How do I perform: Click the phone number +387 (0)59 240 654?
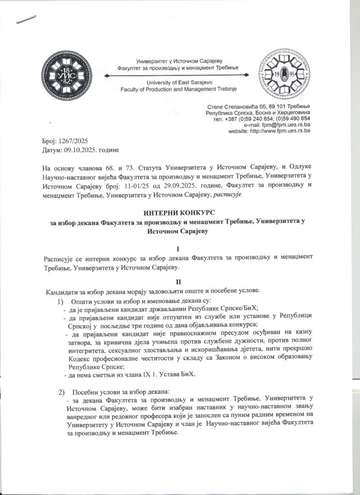[x=241, y=118]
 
